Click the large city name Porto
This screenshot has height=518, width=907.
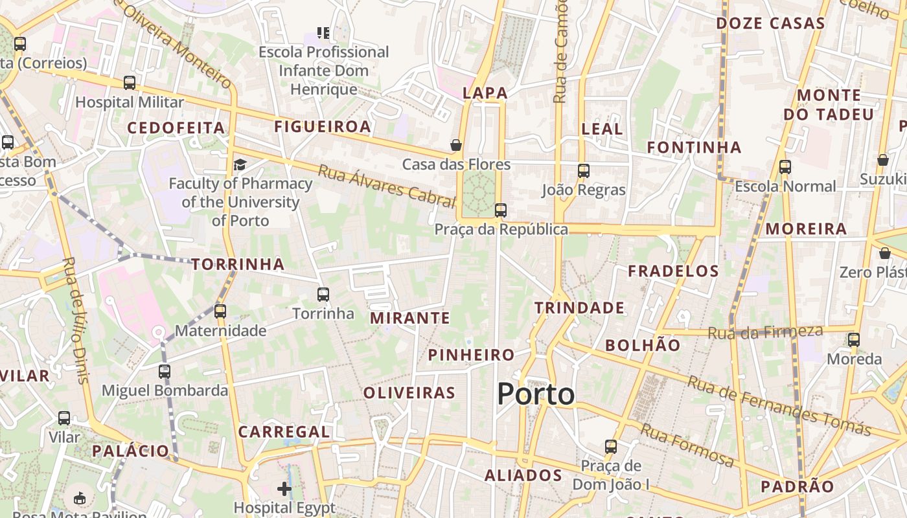point(536,394)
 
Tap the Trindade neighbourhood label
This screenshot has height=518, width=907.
point(579,308)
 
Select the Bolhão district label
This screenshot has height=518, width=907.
point(643,345)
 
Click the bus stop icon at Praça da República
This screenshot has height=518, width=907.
point(500,210)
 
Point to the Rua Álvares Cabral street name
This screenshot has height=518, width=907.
point(386,186)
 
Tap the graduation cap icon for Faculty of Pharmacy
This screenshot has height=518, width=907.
point(240,164)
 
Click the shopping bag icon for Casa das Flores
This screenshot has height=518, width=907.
point(456,145)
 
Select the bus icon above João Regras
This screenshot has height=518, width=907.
point(584,171)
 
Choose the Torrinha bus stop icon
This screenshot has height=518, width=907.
point(323,295)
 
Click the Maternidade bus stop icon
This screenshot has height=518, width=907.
point(220,311)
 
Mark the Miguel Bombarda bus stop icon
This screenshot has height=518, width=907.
point(165,372)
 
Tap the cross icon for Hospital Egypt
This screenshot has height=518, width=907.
point(284,488)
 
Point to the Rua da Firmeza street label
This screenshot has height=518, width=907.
point(765,333)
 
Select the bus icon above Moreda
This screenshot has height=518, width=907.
point(854,340)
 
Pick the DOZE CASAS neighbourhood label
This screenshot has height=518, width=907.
point(770,24)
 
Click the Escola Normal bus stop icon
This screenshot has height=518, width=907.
point(785,167)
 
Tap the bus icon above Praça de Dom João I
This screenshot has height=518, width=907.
point(611,447)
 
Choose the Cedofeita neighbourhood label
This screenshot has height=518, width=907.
point(176,128)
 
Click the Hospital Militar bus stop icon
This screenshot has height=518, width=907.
point(130,83)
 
